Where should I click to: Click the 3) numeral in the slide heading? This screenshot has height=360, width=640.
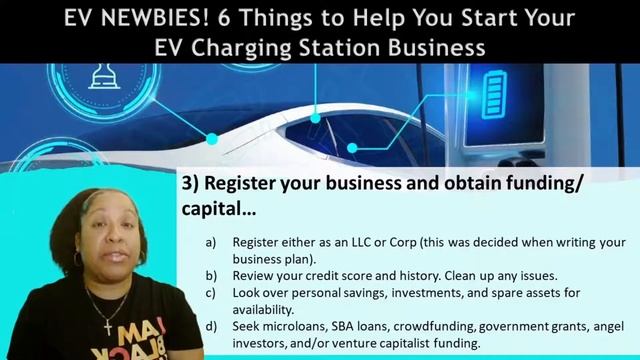(x=190, y=185)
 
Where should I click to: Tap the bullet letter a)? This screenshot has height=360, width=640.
(x=211, y=243)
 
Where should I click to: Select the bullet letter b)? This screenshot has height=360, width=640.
(x=211, y=274)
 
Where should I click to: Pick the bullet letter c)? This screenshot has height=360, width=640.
(x=211, y=294)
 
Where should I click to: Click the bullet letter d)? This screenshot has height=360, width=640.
(x=211, y=326)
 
